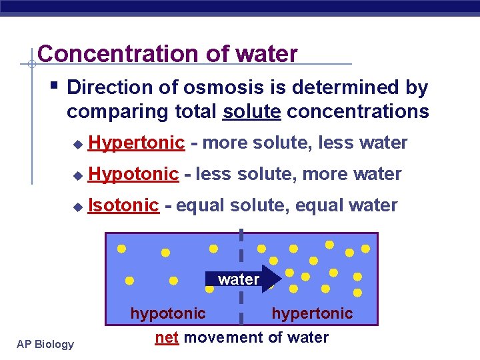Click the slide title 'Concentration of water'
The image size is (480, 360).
tap(167, 53)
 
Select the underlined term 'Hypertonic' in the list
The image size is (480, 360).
tap(136, 143)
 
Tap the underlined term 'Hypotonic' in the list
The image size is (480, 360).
tap(133, 174)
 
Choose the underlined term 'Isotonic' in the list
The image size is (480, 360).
tap(123, 205)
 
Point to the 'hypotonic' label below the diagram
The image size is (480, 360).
tap(168, 313)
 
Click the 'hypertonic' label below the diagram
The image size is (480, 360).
tap(312, 313)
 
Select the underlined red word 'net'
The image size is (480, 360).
tap(167, 337)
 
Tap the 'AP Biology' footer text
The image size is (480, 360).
tap(46, 344)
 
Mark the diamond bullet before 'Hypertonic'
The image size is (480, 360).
tap(77, 144)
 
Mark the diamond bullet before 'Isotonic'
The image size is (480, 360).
tap(77, 207)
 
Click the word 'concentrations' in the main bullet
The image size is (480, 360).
tap(357, 111)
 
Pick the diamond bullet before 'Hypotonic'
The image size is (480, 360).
tap(77, 175)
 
